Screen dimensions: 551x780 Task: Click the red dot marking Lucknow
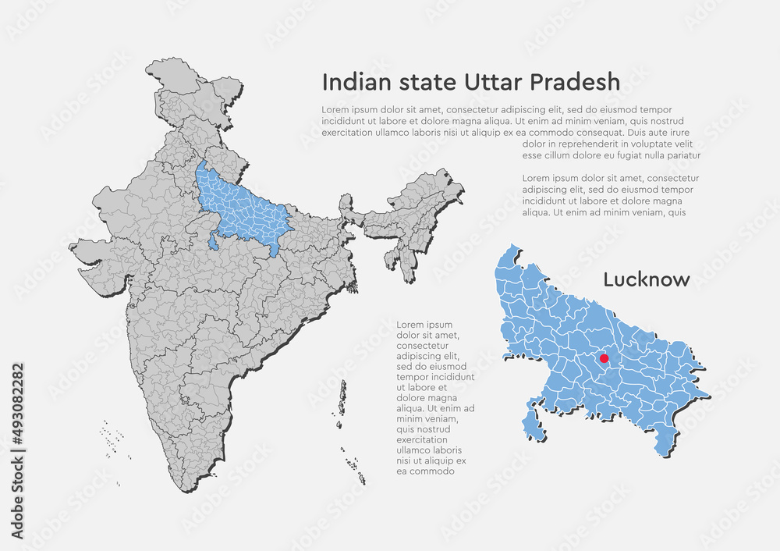point(604,358)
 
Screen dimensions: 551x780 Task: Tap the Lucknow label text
point(647,279)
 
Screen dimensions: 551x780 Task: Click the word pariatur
point(677,155)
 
